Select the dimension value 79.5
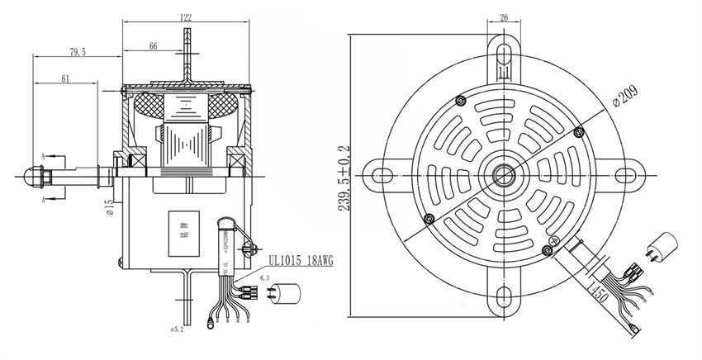point(78,52)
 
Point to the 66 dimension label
point(154,47)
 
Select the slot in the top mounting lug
point(503,53)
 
